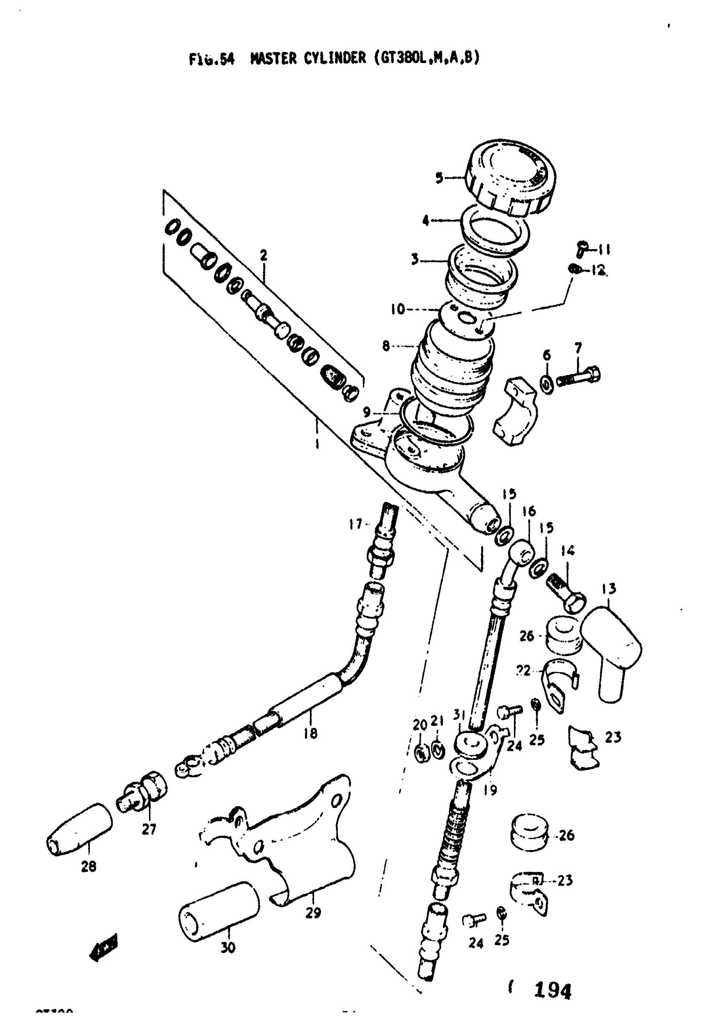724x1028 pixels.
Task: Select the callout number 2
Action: click(x=264, y=256)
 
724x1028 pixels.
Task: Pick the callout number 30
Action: click(x=227, y=948)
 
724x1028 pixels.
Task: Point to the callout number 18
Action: click(x=310, y=733)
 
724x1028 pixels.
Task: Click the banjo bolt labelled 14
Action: click(x=566, y=590)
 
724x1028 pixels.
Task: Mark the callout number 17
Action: click(x=355, y=524)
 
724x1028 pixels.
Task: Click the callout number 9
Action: click(x=367, y=412)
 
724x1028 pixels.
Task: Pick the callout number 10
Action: click(x=397, y=309)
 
